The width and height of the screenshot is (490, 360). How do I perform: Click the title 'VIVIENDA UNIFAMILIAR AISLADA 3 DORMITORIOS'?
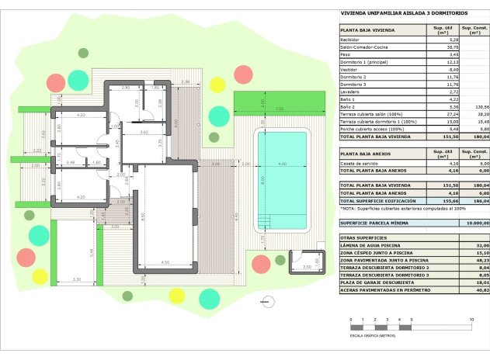tap(404, 13)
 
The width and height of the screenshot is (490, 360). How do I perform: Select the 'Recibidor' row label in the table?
tap(351, 39)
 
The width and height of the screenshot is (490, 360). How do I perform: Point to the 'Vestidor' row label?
tap(349, 70)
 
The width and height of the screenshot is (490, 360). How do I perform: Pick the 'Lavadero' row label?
tap(350, 92)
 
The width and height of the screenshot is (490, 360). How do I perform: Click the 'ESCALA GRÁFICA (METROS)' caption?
tap(372, 337)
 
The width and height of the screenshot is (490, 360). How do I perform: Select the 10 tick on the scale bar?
tap(471, 320)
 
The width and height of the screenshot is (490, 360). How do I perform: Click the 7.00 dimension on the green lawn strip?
tap(279, 109)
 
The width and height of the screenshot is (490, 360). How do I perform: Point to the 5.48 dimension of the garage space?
tap(92, 252)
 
